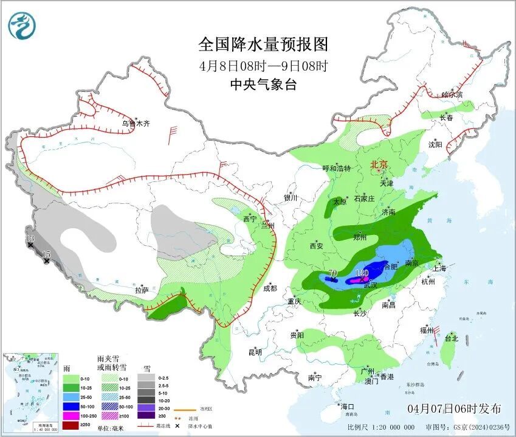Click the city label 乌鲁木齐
pyautogui.click(x=135, y=124)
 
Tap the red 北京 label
pyautogui.click(x=379, y=164)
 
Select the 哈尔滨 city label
pyautogui.click(x=452, y=95)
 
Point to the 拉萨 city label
pyautogui.click(x=142, y=290)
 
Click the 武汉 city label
pyautogui.click(x=370, y=285)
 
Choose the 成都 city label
pyautogui.click(x=270, y=288)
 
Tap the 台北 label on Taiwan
pyautogui.click(x=450, y=338)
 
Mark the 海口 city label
pyautogui.click(x=346, y=407)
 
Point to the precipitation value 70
pyautogui.click(x=332, y=273)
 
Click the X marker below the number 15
pyautogui.click(x=46, y=261)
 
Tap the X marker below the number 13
pyautogui.click(x=30, y=245)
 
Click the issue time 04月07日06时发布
pyautogui.click(x=455, y=408)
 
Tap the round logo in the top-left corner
pyautogui.click(x=22, y=26)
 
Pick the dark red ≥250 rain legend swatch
pyautogui.click(x=72, y=425)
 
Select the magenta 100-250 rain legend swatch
pyautogui.click(x=72, y=415)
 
